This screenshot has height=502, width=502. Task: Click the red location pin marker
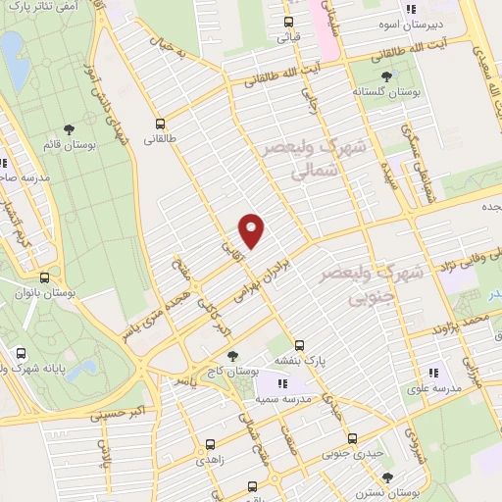(252, 229)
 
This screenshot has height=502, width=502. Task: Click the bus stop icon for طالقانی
(160, 124)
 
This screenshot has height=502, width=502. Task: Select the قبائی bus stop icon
(288, 22)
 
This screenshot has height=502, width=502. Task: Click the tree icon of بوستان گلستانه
(385, 75)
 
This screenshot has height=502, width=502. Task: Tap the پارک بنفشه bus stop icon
(300, 345)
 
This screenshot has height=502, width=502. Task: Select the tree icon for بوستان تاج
(231, 357)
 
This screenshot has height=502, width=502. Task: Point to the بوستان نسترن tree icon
(388, 477)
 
